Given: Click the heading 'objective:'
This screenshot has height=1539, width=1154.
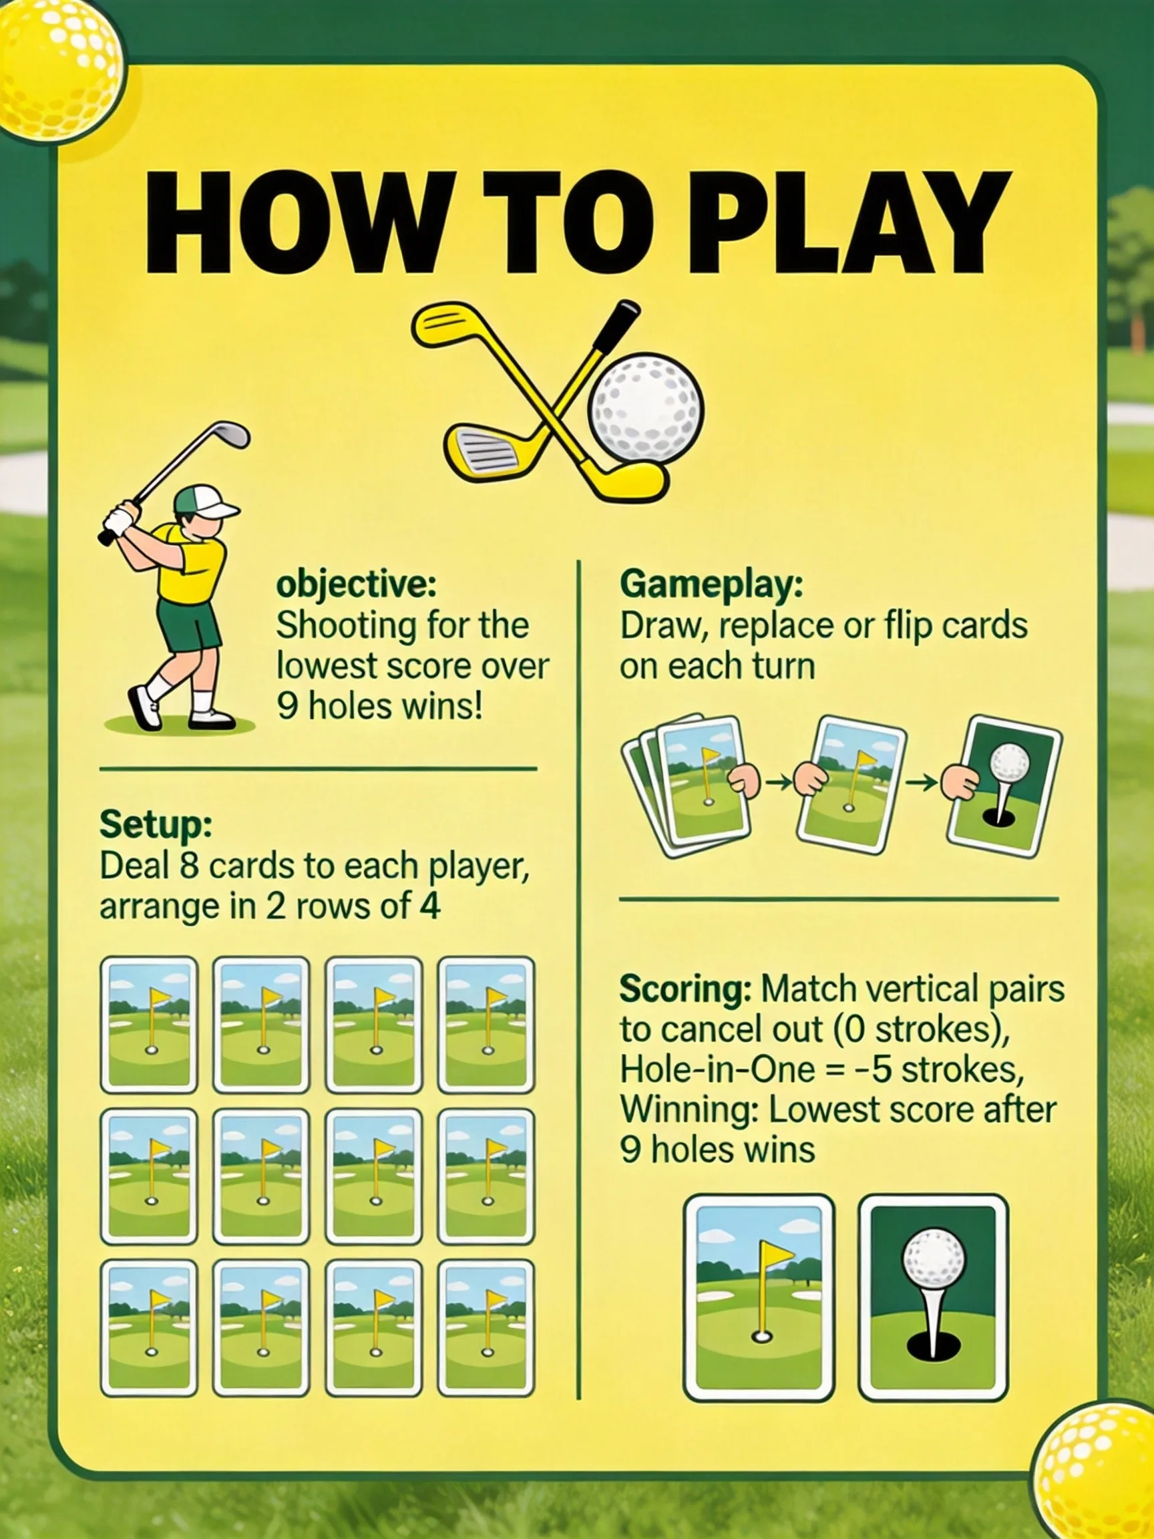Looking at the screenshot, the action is click(355, 586).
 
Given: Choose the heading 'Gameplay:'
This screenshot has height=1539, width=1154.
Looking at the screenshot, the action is click(711, 586).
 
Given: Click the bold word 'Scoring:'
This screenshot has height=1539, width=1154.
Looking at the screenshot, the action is click(685, 989).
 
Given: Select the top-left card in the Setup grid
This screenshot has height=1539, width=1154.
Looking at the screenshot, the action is click(149, 1025).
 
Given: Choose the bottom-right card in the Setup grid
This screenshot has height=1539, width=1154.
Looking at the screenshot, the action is click(486, 1328).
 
